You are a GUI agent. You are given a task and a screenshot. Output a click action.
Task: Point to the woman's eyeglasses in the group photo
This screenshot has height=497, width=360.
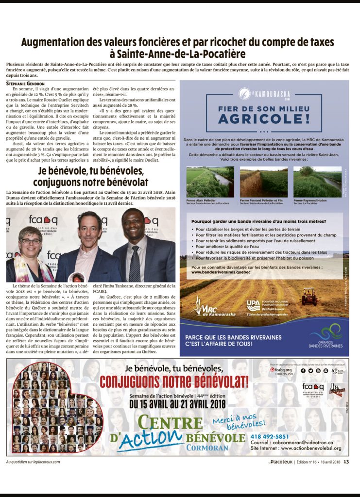pos(31,241)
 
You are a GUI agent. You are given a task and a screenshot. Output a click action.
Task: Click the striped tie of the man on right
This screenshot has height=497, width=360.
pos(134,264)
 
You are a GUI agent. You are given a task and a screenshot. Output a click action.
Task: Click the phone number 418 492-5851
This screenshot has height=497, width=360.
pos(270,436)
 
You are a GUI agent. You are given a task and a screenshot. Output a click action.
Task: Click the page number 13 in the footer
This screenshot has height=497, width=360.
pos(346,462)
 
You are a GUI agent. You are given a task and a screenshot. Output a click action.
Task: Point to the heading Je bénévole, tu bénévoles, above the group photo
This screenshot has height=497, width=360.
pos(90,172)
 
